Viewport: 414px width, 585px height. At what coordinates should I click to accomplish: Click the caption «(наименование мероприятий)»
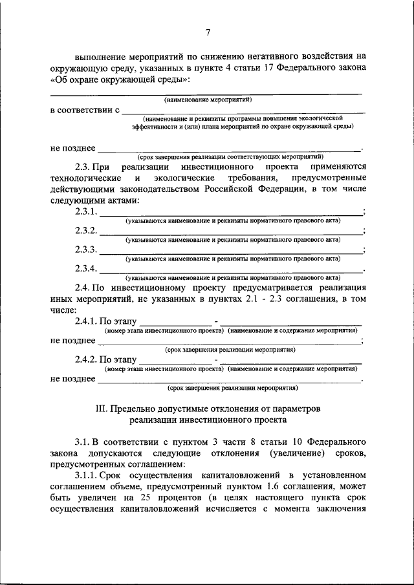[207, 100]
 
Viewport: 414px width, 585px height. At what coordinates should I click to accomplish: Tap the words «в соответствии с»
[85, 111]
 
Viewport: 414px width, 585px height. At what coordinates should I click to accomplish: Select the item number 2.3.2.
[86, 231]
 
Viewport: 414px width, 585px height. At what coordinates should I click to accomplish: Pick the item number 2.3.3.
[86, 250]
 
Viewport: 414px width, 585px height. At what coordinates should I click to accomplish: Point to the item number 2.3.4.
[86, 268]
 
